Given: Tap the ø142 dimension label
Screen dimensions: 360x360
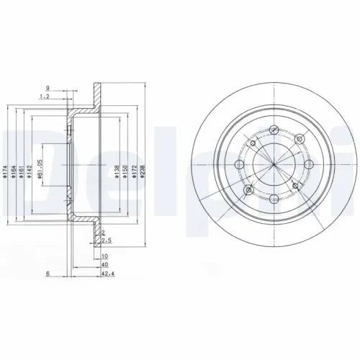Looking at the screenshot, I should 30,167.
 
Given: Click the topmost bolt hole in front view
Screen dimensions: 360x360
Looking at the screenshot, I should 274,130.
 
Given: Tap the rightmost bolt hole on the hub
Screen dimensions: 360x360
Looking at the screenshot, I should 308,166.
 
